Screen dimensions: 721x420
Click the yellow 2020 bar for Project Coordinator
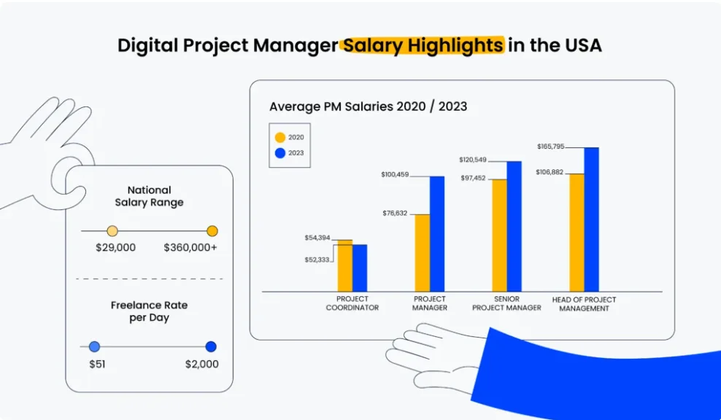pos(345,265)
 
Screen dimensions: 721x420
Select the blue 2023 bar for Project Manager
pos(437,234)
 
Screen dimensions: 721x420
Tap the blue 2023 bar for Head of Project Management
pos(592,219)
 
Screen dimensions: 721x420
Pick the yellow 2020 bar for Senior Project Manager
pos(499,236)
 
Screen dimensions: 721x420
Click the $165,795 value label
pos(550,147)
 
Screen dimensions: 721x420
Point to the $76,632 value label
pos(395,213)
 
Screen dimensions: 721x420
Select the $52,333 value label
pos(317,260)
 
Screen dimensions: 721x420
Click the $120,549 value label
pos(473,160)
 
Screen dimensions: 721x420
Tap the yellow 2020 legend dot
pos(280,137)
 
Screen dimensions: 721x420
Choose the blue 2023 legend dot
pos(280,153)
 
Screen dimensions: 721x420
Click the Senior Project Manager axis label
pos(506,303)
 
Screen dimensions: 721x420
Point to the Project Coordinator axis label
pos(352,303)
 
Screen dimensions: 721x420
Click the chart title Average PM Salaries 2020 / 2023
pos(369,106)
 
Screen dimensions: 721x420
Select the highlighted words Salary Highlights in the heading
pos(423,45)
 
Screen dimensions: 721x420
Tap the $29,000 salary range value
pos(116,248)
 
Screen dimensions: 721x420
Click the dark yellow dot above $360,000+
pos(212,231)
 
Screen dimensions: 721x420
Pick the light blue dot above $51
pos(94,346)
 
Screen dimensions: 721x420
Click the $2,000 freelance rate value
pos(202,365)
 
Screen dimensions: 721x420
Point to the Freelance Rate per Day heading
pos(149,311)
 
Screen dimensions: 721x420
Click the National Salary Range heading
pos(149,196)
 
